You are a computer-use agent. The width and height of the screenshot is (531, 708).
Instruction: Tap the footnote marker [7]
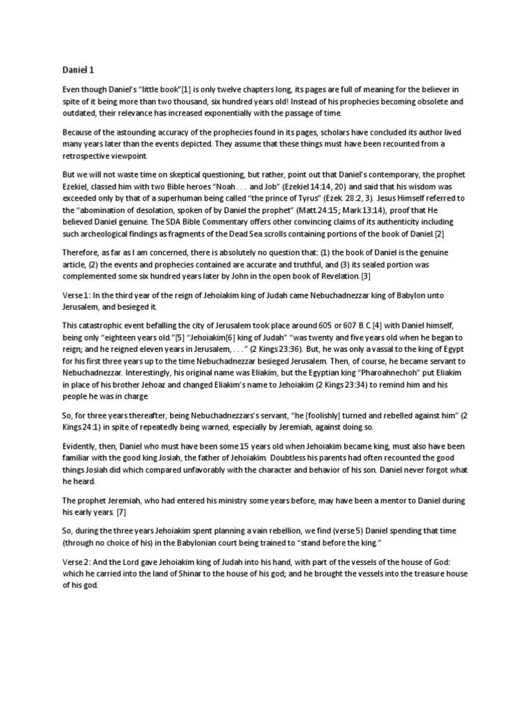121,512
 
